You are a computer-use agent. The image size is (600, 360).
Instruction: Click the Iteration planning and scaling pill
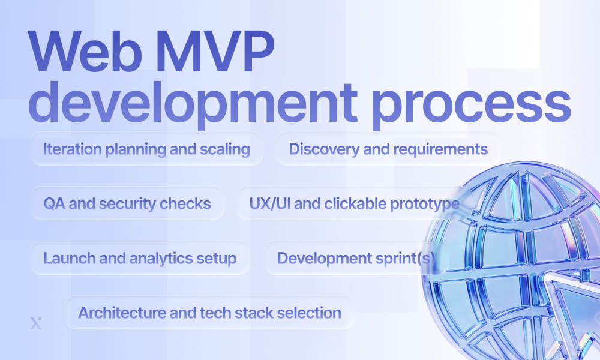point(146,149)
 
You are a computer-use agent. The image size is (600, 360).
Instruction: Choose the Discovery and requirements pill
point(388,149)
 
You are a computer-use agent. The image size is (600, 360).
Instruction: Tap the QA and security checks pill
point(127,203)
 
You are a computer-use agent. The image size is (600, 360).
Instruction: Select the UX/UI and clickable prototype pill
point(354,203)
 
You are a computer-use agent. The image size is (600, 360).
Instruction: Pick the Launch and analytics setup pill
point(139,258)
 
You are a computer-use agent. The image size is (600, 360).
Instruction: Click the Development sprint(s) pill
point(355,258)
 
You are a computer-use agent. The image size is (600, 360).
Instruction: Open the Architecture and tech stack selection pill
point(209,313)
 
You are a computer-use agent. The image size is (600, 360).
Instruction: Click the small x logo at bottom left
point(34,324)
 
